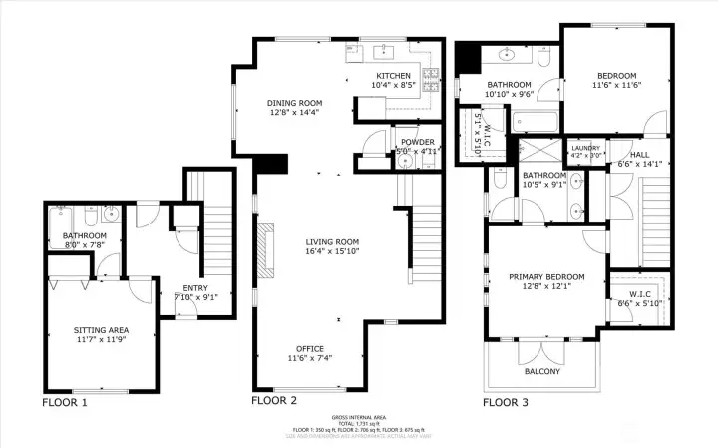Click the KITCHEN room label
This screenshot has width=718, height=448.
(393, 77)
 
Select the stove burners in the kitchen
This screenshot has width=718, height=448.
(431, 75)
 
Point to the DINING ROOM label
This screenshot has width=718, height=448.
(294, 103)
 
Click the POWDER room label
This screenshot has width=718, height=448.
(417, 143)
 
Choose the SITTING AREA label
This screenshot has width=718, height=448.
(101, 329)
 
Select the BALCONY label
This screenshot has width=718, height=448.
(542, 372)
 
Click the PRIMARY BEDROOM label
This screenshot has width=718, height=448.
(545, 276)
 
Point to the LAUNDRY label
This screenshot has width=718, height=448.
(585, 148)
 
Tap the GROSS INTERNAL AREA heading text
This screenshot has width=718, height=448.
(358, 417)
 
